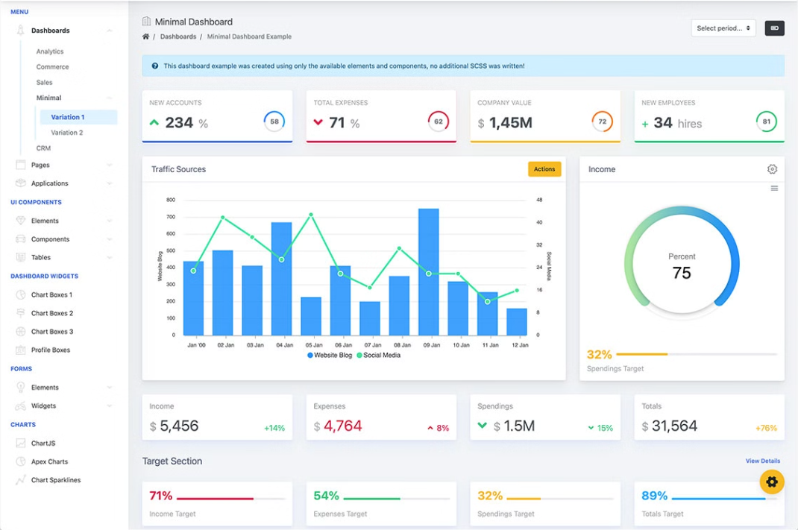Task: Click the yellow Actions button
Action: (x=544, y=169)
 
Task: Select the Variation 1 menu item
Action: (x=68, y=117)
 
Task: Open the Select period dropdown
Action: (x=723, y=28)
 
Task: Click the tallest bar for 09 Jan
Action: (x=428, y=272)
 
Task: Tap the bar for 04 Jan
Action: (x=281, y=279)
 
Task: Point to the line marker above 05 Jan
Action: (x=311, y=215)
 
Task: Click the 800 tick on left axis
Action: (x=171, y=200)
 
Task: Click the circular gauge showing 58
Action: (x=274, y=122)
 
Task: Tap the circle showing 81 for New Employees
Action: (x=766, y=122)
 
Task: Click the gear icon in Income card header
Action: (x=772, y=169)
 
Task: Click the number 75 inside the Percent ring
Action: (x=682, y=273)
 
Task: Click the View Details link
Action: (x=762, y=461)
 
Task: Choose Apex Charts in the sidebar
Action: (x=49, y=461)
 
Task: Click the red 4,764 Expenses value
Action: (x=342, y=426)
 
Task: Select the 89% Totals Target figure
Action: (x=654, y=496)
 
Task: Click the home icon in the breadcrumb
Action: (x=145, y=37)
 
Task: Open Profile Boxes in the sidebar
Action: (x=50, y=350)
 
